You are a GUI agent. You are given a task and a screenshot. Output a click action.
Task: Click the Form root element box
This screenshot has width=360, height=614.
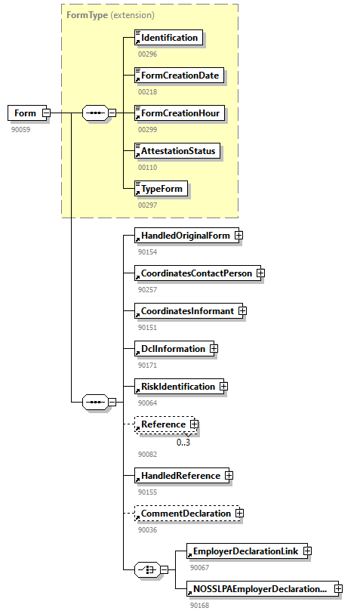click(25, 113)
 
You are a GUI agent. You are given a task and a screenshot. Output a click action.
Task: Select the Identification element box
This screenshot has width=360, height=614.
click(169, 38)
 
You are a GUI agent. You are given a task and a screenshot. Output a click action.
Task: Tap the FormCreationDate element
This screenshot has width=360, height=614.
click(180, 76)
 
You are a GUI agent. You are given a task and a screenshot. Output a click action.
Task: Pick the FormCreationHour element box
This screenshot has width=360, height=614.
click(180, 113)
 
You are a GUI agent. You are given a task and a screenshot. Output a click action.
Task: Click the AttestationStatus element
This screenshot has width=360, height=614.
click(178, 151)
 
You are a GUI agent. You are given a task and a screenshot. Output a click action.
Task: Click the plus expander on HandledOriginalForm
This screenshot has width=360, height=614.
click(238, 236)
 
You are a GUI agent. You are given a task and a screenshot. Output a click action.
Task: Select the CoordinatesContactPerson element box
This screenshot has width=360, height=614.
click(196, 273)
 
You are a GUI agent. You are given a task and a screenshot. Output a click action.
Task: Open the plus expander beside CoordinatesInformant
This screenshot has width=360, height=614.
click(242, 311)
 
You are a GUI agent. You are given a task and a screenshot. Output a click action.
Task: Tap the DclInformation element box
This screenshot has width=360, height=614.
click(173, 349)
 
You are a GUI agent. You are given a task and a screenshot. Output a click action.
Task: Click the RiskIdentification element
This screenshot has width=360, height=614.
click(178, 387)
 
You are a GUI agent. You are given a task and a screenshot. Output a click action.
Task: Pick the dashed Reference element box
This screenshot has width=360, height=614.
click(163, 424)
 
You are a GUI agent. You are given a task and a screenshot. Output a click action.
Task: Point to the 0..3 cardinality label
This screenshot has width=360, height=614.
click(183, 442)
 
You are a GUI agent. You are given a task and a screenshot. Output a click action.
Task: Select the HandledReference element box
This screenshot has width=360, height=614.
click(180, 476)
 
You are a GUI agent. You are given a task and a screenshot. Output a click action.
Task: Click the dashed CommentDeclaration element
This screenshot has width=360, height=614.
click(186, 514)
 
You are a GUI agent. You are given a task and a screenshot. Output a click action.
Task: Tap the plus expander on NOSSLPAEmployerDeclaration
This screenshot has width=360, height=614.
click(338, 588)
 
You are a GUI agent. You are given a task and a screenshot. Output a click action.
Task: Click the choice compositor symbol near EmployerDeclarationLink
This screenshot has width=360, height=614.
click(146, 569)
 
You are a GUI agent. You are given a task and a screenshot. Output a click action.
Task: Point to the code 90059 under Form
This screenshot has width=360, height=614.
click(21, 129)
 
